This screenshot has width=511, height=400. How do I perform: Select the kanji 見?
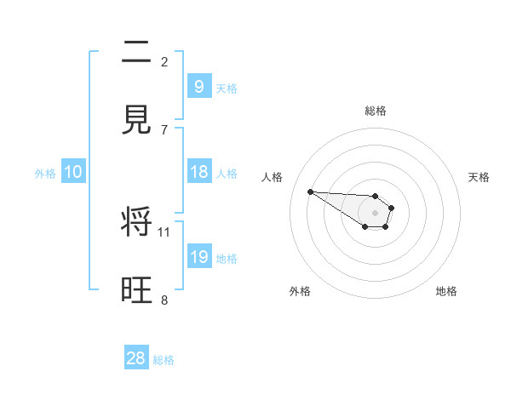[x=136, y=120]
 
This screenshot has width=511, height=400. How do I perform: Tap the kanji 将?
[x=136, y=223]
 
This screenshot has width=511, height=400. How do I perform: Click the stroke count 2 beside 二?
[x=164, y=61]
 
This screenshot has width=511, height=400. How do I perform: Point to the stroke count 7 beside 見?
[x=164, y=129]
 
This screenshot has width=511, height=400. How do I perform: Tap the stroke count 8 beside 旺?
[x=164, y=300]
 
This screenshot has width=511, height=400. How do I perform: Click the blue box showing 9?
[x=198, y=86]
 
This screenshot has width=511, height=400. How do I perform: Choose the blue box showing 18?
[x=198, y=172]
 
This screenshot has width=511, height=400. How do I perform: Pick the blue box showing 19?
[x=198, y=257]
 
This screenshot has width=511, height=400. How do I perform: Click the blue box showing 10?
[x=72, y=172]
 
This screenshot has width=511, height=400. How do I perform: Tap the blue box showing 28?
[x=135, y=358]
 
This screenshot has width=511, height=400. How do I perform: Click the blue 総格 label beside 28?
[x=164, y=360]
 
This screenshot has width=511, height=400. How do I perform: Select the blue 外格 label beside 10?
[x=45, y=174]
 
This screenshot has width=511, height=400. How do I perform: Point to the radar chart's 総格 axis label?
[x=376, y=111]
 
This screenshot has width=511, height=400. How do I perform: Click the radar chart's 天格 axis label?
[x=479, y=177]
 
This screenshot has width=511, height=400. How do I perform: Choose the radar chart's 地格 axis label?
[x=446, y=291]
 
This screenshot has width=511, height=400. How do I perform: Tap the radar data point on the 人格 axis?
[x=311, y=191]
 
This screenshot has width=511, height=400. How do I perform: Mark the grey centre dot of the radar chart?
[x=376, y=212]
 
